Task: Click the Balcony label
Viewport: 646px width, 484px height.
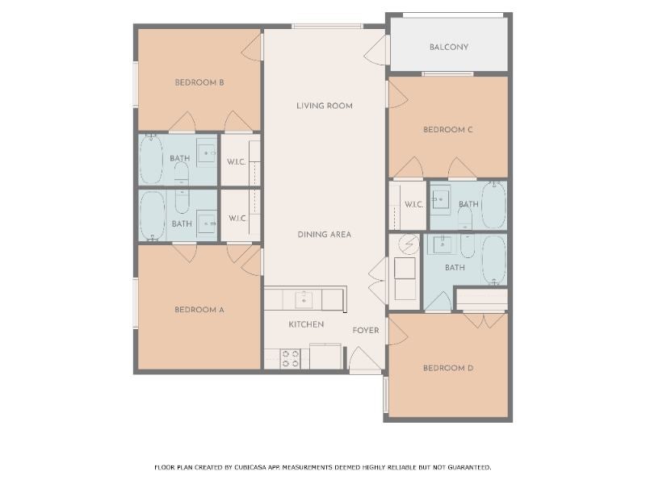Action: click(x=449, y=47)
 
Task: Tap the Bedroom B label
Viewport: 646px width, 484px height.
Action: click(x=199, y=82)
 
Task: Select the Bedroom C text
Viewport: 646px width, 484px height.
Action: click(x=448, y=130)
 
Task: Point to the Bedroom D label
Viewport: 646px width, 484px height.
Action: click(x=448, y=368)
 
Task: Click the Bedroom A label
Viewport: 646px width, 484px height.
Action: click(x=199, y=310)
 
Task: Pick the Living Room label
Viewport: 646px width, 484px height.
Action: click(x=325, y=106)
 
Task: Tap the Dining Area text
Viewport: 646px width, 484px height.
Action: click(x=325, y=235)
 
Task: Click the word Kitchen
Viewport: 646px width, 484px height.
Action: click(x=306, y=324)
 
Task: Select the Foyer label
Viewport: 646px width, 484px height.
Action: click(x=366, y=331)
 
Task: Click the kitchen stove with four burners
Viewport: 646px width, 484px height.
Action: click(x=290, y=358)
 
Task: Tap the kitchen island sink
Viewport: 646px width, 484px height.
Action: click(x=304, y=299)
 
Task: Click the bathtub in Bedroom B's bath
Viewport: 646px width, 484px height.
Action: click(x=151, y=159)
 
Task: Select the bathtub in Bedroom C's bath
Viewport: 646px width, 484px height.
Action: click(x=493, y=206)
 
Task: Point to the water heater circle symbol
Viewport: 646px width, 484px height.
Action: click(x=409, y=244)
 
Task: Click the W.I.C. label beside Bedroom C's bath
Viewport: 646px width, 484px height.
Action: click(x=413, y=205)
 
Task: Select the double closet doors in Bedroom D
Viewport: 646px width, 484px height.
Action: click(x=484, y=320)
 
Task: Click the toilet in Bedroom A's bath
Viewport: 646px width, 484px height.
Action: click(x=182, y=202)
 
